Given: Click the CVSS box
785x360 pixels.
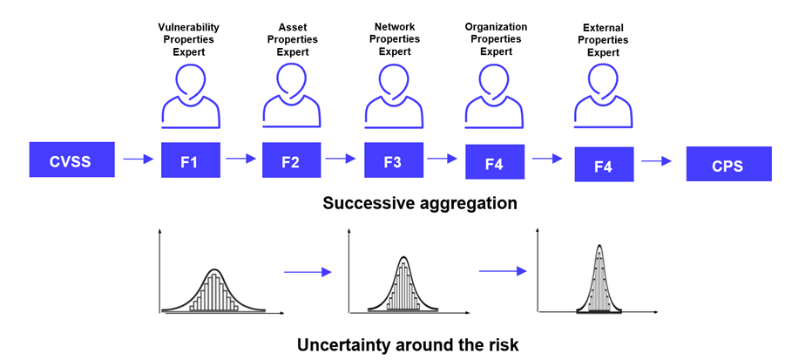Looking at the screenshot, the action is pyautogui.click(x=72, y=160).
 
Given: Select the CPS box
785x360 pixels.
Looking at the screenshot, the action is pyautogui.click(x=728, y=164).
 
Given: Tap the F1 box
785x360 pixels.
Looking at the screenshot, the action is pyautogui.click(x=191, y=160).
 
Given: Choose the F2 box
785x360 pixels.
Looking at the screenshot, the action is pyautogui.click(x=291, y=160).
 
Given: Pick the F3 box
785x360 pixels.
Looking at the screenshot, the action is pyautogui.click(x=394, y=160).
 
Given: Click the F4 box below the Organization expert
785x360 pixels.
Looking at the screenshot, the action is pyautogui.click(x=495, y=162).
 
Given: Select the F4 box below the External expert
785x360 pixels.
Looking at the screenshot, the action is pyautogui.click(x=604, y=164).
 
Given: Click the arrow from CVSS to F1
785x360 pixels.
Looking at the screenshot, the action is pyautogui.click(x=139, y=160).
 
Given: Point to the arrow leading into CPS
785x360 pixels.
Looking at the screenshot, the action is pyautogui.click(x=656, y=161).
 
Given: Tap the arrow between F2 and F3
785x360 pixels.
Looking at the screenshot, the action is pyautogui.click(x=341, y=159).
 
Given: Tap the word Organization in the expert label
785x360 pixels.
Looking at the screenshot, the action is pyautogui.click(x=496, y=26).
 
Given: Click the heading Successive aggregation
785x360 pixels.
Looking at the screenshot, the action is pyautogui.click(x=420, y=203).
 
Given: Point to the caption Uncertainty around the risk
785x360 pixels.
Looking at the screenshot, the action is pyautogui.click(x=408, y=345).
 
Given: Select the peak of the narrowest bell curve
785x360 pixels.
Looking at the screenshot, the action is pyautogui.click(x=599, y=245).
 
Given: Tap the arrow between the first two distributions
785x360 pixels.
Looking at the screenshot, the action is pyautogui.click(x=308, y=272).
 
